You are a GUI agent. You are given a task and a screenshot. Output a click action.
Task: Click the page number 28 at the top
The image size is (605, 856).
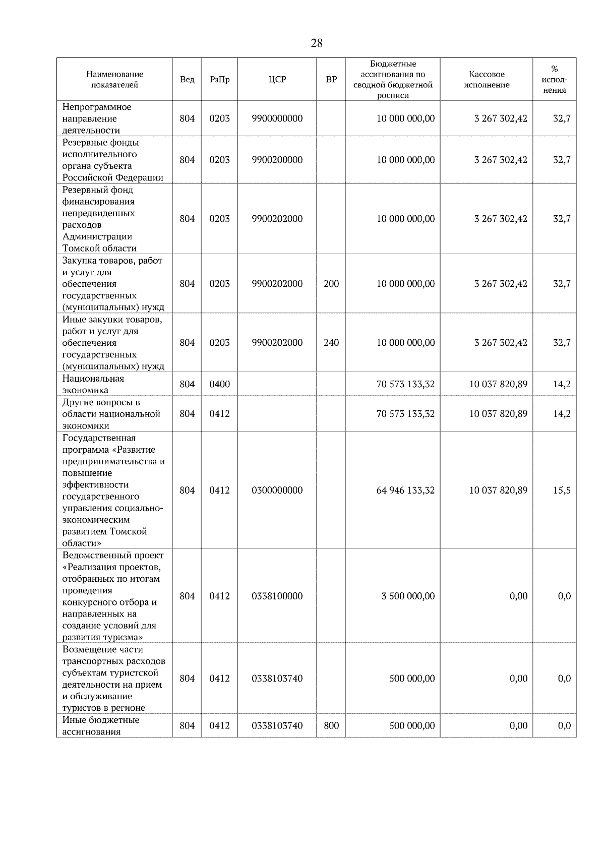[317, 43]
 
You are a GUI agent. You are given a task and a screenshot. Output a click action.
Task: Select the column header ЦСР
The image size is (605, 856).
[277, 80]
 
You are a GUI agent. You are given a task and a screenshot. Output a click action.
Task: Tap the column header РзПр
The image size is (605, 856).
[219, 80]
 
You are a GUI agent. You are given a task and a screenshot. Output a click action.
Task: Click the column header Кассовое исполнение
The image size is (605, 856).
[486, 80]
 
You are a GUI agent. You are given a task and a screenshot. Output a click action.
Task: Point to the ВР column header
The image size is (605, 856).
[331, 80]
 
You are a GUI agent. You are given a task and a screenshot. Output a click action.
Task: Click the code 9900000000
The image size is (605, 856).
[277, 118]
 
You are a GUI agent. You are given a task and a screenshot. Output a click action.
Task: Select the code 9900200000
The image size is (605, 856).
[277, 160]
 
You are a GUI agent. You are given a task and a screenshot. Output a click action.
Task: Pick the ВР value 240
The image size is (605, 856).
[331, 343]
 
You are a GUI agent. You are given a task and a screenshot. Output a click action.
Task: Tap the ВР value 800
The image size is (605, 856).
[331, 726]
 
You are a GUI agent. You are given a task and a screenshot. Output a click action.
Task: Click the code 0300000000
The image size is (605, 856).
[277, 491]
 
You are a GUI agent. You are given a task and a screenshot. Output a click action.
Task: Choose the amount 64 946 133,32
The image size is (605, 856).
[405, 491]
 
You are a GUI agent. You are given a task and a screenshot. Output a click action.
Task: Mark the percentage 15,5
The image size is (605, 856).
[562, 491]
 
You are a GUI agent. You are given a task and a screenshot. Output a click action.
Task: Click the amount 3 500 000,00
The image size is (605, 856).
[408, 596]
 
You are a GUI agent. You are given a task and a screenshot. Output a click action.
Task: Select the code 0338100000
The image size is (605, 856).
[277, 596]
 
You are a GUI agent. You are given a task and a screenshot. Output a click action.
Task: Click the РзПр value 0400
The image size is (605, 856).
[219, 384]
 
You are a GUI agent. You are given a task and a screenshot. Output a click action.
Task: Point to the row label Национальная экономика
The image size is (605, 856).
[93, 384]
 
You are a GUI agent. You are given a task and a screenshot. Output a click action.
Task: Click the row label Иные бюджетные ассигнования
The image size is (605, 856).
[100, 726]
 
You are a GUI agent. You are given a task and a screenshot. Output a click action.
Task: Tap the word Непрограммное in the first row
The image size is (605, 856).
[96, 107]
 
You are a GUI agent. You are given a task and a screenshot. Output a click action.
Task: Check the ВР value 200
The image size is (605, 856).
[331, 284]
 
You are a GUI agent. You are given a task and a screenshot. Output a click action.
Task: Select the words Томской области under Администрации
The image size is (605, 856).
[99, 248]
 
